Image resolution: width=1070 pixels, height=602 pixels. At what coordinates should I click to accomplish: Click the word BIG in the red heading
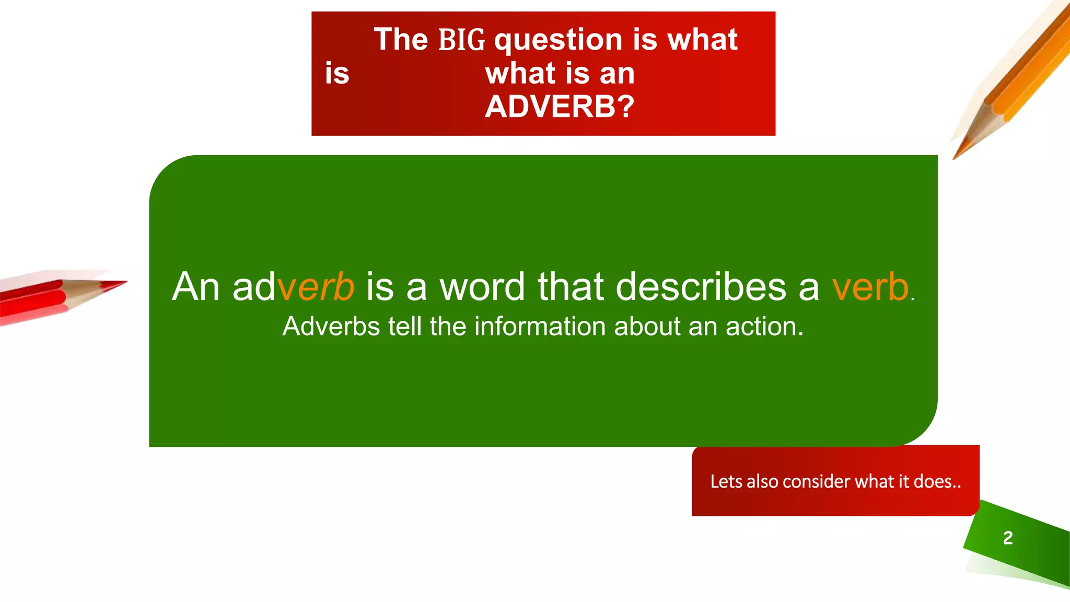[462, 40]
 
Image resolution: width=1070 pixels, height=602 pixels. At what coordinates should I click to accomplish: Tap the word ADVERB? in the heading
[560, 107]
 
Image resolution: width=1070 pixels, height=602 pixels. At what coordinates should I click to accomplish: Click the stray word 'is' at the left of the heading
[337, 73]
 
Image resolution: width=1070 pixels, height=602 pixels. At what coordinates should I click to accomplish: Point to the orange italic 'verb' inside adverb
[316, 287]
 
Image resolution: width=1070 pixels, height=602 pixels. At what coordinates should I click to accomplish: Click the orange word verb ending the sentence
[870, 287]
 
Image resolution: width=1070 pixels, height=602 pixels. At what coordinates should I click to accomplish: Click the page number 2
[1008, 538]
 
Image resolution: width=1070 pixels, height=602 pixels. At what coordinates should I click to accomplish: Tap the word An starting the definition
[196, 287]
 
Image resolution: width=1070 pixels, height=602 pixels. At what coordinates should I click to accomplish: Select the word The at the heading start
[401, 40]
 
